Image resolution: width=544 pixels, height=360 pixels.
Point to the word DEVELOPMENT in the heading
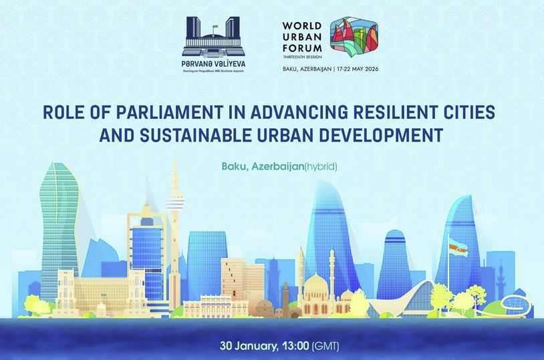point(378,134)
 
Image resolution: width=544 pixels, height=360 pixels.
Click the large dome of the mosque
point(315,287)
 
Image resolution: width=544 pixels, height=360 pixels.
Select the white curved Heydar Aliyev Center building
point(414,297)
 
